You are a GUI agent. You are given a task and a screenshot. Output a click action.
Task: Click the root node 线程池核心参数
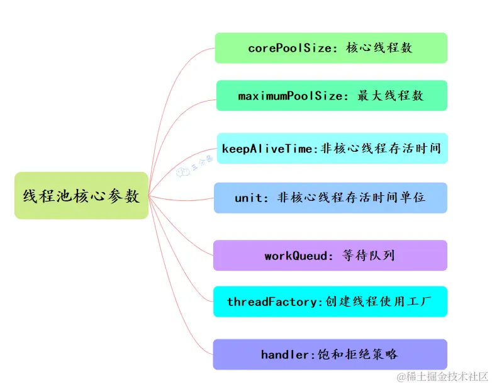pos(81,195)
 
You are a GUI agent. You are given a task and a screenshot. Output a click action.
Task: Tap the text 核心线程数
pos(379,48)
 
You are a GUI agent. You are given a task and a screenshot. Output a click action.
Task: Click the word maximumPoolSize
pos(291,96)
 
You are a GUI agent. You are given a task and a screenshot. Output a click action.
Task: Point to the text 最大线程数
pos(390,96)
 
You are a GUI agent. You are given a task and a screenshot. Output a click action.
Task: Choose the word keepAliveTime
pos(267,149)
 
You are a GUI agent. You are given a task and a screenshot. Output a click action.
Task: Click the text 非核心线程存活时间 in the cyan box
pos(380,149)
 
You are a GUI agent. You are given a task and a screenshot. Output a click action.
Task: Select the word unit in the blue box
pos(248,197)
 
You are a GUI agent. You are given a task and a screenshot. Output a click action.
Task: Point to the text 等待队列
pos(368,256)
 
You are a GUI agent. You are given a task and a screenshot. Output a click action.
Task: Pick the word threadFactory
pos(274,302)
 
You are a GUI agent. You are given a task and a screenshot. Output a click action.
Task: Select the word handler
pos(286,355)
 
